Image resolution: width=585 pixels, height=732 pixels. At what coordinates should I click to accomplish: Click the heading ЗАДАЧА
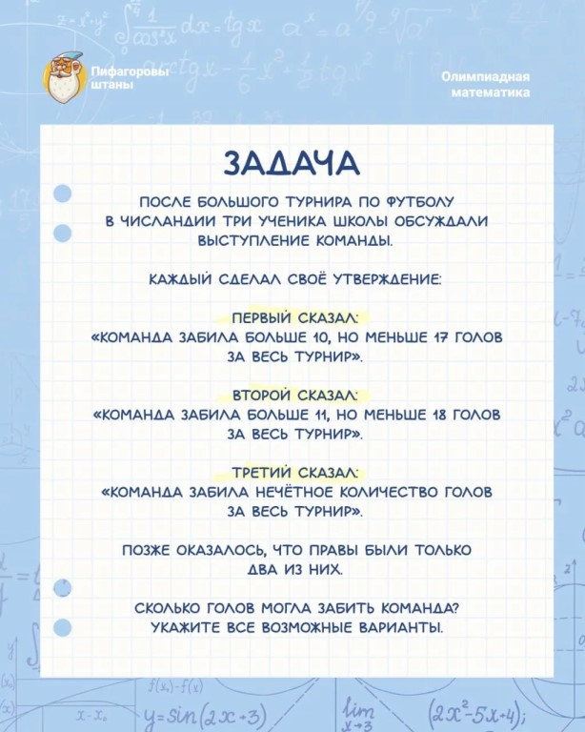click(x=292, y=162)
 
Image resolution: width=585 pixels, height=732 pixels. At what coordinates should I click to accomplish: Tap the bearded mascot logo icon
click(x=65, y=76)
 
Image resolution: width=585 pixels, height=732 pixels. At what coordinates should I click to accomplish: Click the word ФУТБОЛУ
click(x=418, y=202)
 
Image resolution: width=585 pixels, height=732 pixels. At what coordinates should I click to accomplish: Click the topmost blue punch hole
click(x=63, y=194)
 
